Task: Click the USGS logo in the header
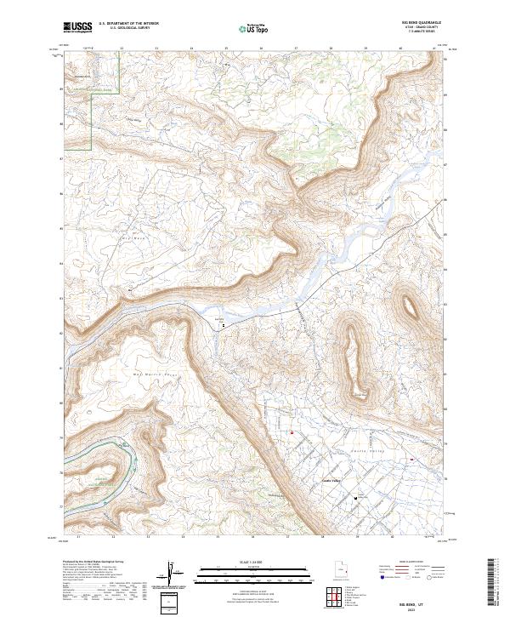point(77,28)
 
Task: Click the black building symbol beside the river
point(223,324)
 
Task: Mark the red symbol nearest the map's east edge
point(412,460)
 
